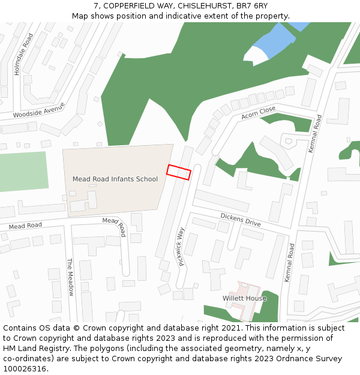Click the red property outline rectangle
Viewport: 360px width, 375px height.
178,172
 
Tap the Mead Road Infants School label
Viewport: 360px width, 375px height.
115,179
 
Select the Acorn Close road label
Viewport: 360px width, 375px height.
259,112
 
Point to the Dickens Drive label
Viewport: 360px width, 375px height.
240,219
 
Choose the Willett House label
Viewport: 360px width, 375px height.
244,298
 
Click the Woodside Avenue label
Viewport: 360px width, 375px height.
38,110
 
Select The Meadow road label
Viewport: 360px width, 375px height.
70,277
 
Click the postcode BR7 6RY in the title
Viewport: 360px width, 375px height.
253,5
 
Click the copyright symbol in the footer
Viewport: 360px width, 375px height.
77,328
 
